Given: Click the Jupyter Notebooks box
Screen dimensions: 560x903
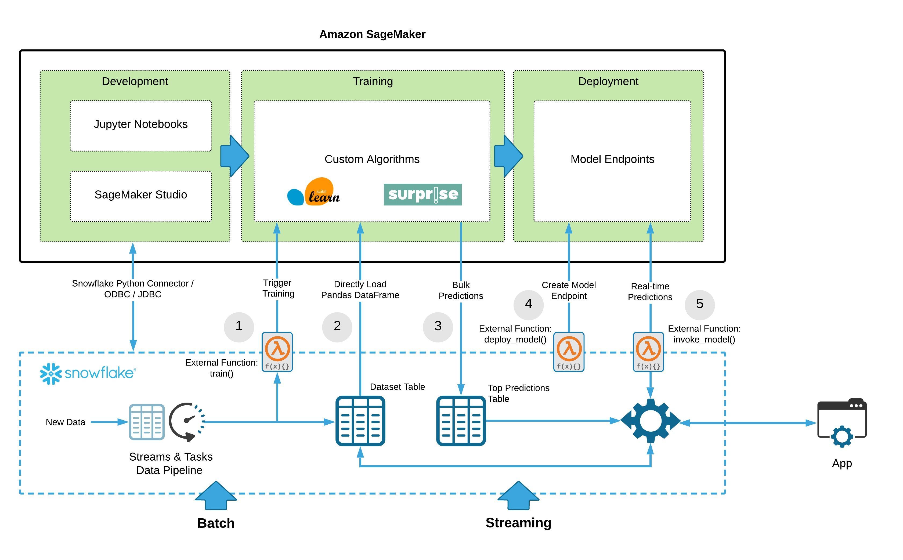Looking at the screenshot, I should (x=140, y=125).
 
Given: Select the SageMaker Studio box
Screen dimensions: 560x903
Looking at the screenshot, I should (x=140, y=196).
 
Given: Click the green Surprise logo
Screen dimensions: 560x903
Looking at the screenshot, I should (x=422, y=194).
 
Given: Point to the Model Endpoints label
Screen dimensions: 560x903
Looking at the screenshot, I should (x=612, y=159).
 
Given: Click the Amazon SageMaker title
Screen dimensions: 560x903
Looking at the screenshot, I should (x=372, y=34).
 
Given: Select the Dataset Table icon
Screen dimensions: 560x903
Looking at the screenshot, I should (x=360, y=421).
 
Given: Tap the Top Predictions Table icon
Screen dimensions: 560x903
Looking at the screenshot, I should (x=461, y=421).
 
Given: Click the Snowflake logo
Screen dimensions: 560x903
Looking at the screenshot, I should (x=88, y=373).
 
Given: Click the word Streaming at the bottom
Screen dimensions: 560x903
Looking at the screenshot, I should (x=518, y=523).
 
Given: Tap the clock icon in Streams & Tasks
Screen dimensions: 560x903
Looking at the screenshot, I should (x=187, y=421).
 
